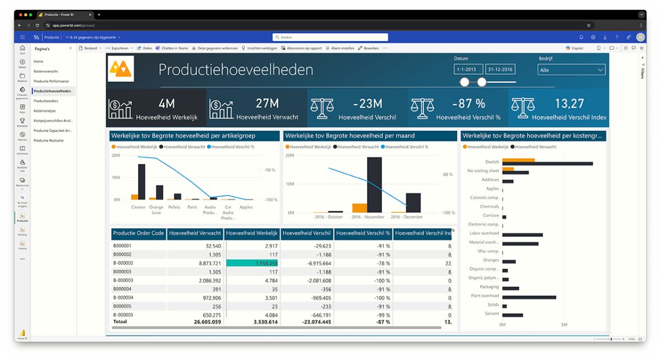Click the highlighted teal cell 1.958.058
click(x=252, y=263)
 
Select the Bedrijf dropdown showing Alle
click(x=571, y=70)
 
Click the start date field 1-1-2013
click(x=468, y=70)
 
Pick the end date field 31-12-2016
click(x=500, y=70)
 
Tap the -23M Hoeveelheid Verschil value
click(x=367, y=103)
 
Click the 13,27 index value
click(x=569, y=103)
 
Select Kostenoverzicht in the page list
click(x=46, y=72)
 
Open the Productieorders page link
click(x=46, y=101)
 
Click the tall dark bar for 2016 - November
click(x=374, y=184)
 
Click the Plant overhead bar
click(x=529, y=297)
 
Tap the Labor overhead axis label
click(x=484, y=233)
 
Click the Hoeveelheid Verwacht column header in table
click(x=195, y=233)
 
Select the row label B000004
click(x=122, y=289)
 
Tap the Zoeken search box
click(x=330, y=37)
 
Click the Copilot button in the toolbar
click(x=575, y=48)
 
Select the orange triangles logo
click(x=121, y=69)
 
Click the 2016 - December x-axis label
click(x=407, y=217)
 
